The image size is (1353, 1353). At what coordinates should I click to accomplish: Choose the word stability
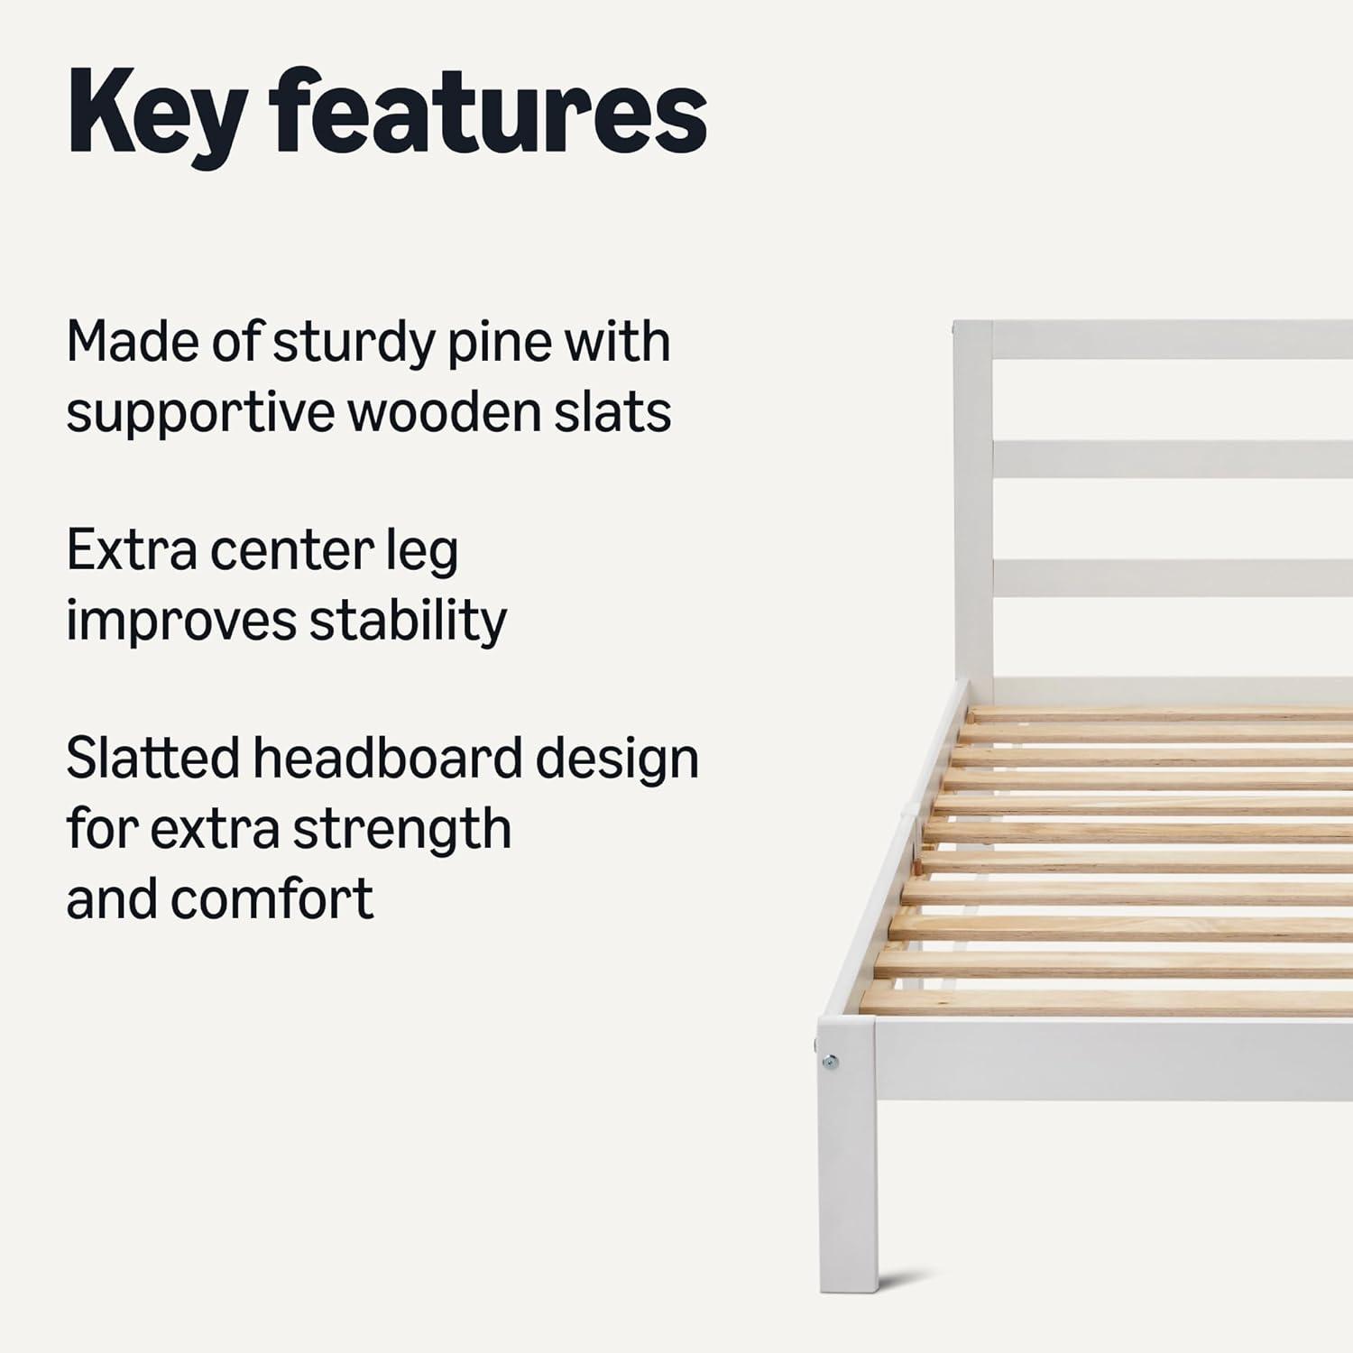408,621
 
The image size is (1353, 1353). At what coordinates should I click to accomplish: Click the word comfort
272,898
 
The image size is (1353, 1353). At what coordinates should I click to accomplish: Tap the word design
617,759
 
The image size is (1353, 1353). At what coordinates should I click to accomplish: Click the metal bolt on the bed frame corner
830,1063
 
